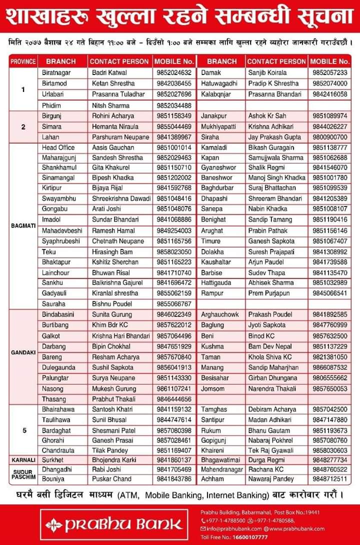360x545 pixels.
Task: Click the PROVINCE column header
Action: [22, 61]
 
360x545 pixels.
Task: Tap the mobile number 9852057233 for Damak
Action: [329, 72]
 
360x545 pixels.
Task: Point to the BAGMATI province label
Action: [23, 225]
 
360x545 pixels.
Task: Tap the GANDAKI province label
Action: [23, 352]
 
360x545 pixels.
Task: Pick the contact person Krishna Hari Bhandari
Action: [121, 335]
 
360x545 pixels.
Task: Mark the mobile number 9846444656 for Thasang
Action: [174, 399]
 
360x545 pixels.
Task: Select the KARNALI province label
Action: [23, 459]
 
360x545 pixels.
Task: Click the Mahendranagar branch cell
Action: [221, 469]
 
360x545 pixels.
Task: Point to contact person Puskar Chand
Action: [111, 479]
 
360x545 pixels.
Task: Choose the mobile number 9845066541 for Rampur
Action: [329, 293]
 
